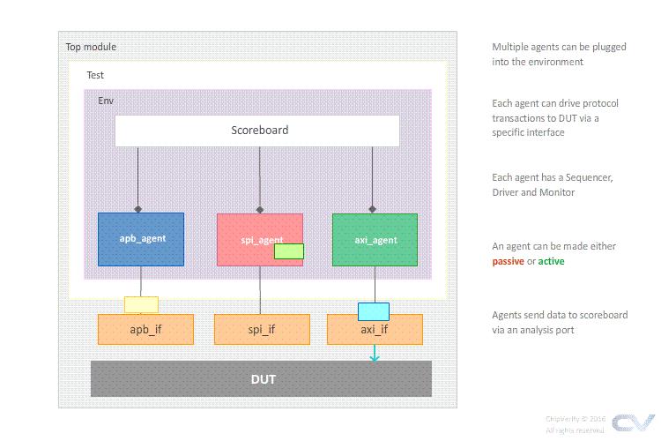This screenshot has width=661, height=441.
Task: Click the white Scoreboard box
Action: pos(257,131)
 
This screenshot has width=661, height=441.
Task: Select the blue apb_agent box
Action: pos(141,239)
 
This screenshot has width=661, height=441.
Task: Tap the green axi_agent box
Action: pos(375,239)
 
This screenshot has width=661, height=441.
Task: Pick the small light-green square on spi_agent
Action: pos(289,251)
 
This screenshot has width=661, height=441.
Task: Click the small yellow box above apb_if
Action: pos(141,304)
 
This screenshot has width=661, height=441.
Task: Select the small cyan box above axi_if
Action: pos(374,310)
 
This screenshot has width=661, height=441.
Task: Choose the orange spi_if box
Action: pos(260,330)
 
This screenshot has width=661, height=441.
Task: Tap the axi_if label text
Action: pos(374,330)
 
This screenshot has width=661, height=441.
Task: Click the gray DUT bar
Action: pos(261,379)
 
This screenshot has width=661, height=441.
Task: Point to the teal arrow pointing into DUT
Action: pos(375,354)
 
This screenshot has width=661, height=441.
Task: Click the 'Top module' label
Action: pos(91,47)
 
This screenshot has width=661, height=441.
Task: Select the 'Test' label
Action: pos(95,75)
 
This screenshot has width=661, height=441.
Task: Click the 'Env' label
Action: pos(105,101)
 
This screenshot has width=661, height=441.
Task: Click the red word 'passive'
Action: pos(509,261)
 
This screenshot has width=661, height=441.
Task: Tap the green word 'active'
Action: pos(552,261)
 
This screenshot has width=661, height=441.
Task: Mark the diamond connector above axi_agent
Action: pos(373,209)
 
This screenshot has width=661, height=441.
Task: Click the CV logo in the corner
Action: pos(633,422)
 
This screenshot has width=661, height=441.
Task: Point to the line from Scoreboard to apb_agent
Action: pos(137,176)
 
